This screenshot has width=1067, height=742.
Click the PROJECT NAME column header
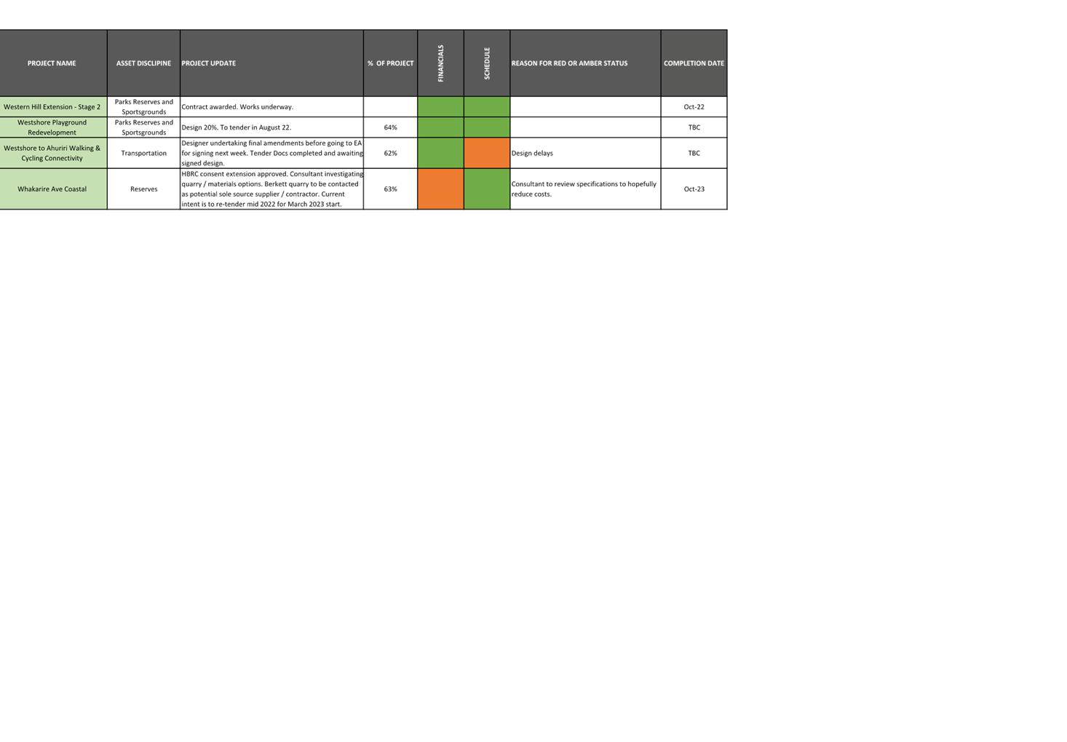[52, 63]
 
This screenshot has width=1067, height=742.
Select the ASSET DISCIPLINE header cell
[143, 63]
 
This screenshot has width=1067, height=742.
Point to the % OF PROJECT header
[390, 63]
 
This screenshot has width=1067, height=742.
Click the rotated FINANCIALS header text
[440, 63]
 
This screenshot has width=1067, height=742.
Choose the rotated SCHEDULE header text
[487, 63]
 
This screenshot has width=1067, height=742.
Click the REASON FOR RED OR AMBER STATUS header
[569, 63]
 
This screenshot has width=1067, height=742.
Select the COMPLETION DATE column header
[694, 63]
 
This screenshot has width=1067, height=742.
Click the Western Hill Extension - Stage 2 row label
[52, 107]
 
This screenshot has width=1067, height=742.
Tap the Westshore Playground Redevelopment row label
[52, 127]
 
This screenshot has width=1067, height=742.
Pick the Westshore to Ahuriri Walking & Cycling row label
[52, 153]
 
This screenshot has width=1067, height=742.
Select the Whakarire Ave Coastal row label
[52, 189]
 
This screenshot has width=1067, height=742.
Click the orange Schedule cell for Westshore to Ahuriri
[487, 153]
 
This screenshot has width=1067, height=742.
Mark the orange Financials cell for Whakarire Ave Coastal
[440, 189]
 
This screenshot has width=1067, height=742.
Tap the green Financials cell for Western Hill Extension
[440, 107]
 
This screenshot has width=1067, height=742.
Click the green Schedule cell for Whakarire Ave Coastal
[487, 189]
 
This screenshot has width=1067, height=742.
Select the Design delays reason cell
[533, 154]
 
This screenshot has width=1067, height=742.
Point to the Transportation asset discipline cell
[143, 154]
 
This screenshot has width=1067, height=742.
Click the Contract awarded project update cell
[237, 107]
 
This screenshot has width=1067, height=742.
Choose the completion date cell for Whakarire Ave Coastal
[694, 189]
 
